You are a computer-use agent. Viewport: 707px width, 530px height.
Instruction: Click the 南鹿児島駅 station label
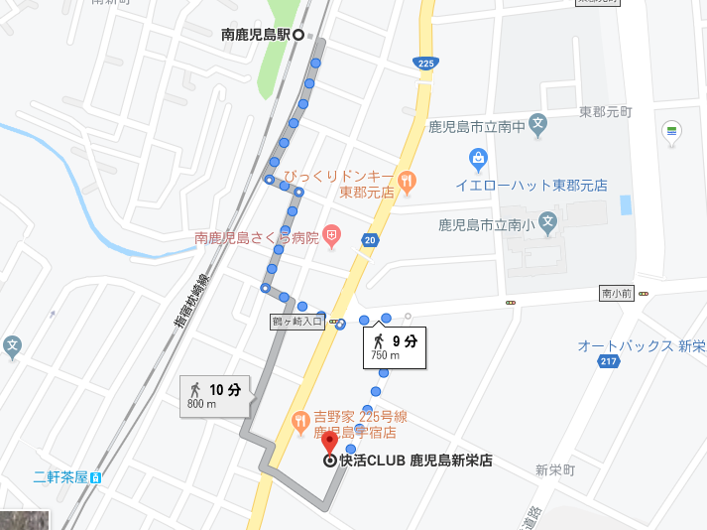(255, 34)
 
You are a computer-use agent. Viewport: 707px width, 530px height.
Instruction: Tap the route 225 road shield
(425, 64)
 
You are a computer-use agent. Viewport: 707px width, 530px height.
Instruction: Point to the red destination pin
(329, 443)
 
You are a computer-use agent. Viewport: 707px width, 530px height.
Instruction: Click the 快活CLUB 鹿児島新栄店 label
(415, 461)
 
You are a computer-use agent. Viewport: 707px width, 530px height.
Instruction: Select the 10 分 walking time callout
(215, 396)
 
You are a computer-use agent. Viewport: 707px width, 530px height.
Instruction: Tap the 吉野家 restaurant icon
(299, 424)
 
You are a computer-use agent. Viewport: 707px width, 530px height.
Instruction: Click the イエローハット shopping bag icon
(479, 159)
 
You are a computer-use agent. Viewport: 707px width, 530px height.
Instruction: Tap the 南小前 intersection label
(616, 294)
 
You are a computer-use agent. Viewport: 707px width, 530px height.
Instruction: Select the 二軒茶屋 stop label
(60, 476)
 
